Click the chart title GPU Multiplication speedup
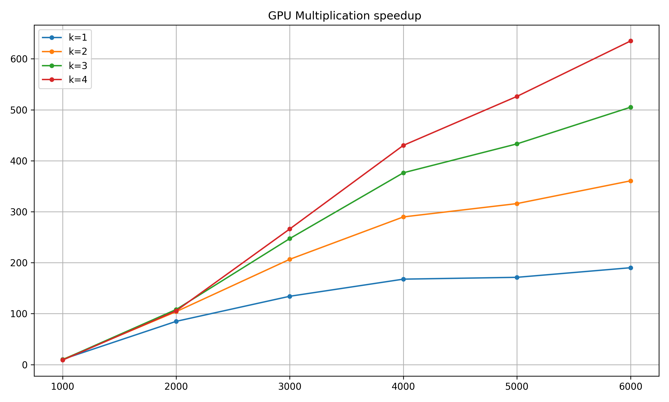pos(344,16)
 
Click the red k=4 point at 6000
pos(631,41)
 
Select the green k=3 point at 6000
pos(631,107)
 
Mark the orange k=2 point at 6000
pos(631,181)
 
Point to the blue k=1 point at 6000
pos(631,268)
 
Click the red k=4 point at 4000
pos(403,145)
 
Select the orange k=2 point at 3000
pos(290,259)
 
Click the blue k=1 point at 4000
pos(403,279)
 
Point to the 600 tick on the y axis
pos(19,59)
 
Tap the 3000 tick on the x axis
pos(290,387)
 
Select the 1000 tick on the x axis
pos(63,387)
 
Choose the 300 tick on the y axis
pos(19,212)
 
